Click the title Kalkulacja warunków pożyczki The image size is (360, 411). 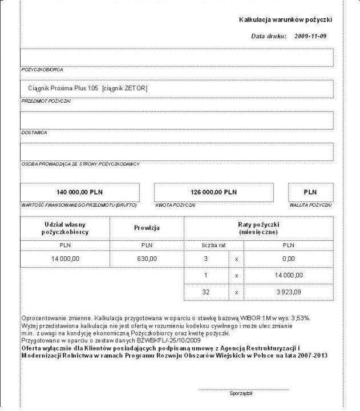(x=285, y=20)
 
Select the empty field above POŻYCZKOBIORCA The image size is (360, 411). (x=177, y=58)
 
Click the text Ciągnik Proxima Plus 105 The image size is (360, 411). (x=63, y=88)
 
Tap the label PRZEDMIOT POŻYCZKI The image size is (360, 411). (x=46, y=100)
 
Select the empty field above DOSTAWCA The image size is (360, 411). (x=177, y=120)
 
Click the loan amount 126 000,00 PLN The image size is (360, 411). (x=213, y=192)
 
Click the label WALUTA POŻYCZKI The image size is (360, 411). (x=310, y=204)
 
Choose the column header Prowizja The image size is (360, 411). (x=146, y=228)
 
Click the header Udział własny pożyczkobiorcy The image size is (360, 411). (x=64, y=228)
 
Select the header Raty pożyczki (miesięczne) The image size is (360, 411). (x=258, y=228)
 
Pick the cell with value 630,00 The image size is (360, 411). (x=146, y=259)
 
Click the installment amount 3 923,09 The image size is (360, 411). (x=289, y=292)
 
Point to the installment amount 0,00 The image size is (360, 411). (x=289, y=259)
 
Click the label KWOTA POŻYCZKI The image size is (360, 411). (x=172, y=204)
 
